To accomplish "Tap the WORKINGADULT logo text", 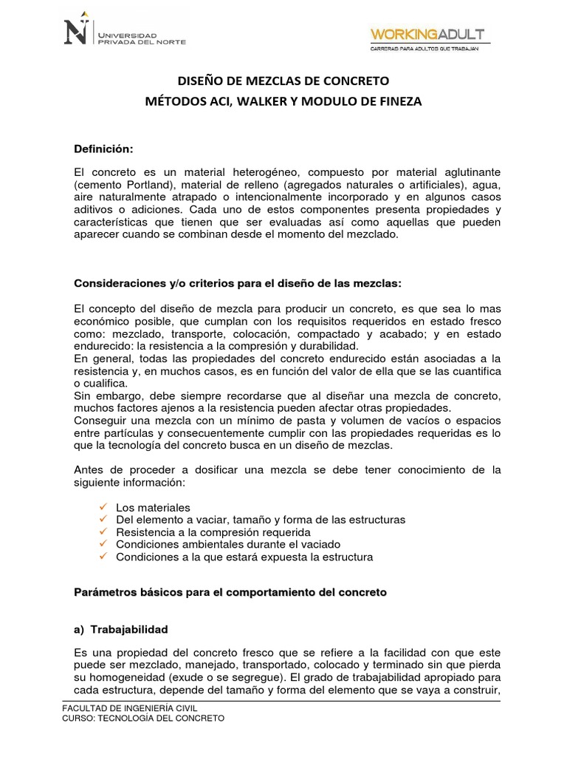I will (427, 34).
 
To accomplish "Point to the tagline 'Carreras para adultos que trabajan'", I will (425, 48).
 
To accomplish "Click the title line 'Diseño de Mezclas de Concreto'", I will (284, 80).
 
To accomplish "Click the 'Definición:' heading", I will (104, 149).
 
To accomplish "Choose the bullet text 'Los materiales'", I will (153, 507).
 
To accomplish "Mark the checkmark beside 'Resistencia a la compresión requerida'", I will (103, 532).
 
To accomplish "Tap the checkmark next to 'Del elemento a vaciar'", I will (103, 520).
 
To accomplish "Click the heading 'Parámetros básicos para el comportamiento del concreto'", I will (231, 593).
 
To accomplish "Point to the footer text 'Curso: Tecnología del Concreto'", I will (143, 719).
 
